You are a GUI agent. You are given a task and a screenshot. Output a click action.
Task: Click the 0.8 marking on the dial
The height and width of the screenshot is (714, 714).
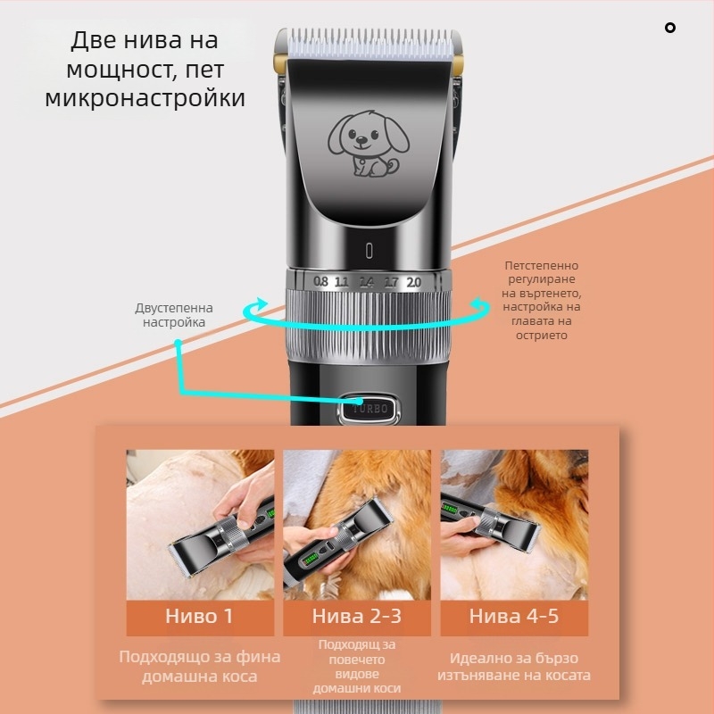[x=321, y=281]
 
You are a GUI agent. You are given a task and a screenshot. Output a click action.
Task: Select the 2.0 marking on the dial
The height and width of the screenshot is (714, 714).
[x=413, y=281]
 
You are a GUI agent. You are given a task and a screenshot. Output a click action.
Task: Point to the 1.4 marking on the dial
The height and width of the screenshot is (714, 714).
[x=366, y=281]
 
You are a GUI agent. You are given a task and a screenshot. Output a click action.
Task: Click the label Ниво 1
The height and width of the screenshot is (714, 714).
[x=199, y=616]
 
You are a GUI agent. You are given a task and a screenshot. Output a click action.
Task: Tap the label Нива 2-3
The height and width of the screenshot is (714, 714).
[x=356, y=616]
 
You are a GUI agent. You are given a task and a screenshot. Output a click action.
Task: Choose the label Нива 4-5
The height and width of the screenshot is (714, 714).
[x=514, y=616]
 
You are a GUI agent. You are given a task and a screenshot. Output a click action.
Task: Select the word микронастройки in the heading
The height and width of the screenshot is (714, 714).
[x=145, y=96]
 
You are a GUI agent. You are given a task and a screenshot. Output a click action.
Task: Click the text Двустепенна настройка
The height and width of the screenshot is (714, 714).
[x=174, y=315]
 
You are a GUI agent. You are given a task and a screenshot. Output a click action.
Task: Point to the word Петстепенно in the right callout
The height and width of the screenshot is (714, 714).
[x=541, y=266]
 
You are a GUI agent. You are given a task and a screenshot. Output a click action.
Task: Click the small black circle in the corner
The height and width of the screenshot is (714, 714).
[x=670, y=28]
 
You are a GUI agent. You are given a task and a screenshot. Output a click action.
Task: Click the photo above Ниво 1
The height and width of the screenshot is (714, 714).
[x=200, y=524]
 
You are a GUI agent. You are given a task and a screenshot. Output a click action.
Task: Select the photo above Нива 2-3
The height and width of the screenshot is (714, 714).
[x=356, y=524]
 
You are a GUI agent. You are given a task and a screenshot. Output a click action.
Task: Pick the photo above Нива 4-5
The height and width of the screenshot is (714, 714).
[x=514, y=524]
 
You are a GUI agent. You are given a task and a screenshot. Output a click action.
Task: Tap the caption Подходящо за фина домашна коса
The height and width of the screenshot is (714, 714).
[x=200, y=667]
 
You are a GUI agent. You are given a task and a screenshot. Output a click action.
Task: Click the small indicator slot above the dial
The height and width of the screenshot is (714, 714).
[x=368, y=249]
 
